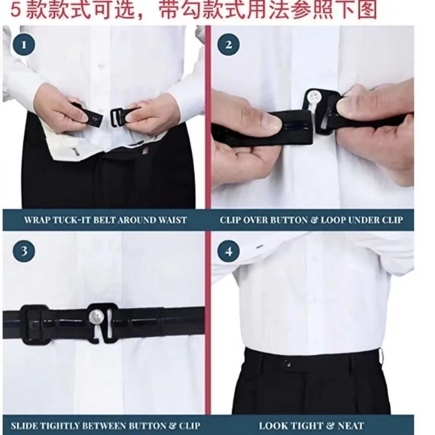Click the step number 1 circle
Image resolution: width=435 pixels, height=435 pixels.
[24, 45]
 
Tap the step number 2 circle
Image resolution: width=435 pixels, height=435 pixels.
[228, 44]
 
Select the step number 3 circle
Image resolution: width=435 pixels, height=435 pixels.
[24, 251]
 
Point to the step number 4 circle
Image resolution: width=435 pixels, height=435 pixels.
[228, 251]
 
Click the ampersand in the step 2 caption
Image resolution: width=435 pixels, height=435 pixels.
[314, 220]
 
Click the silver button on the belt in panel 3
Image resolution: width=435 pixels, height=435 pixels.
[96, 316]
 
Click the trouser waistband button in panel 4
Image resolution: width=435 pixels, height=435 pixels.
[287, 363]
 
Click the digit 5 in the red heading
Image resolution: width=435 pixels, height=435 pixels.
[16, 10]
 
